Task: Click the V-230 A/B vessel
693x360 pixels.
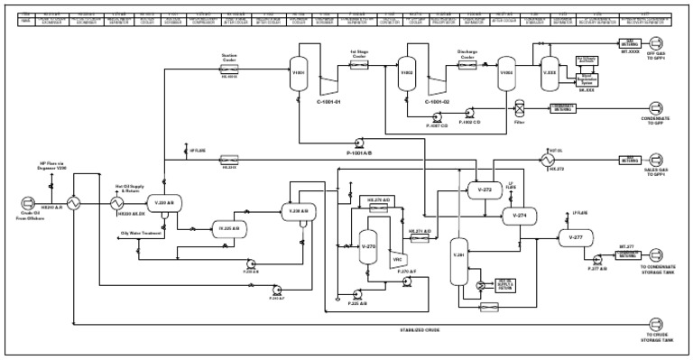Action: point(299,211)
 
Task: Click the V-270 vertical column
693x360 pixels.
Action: point(366,245)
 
